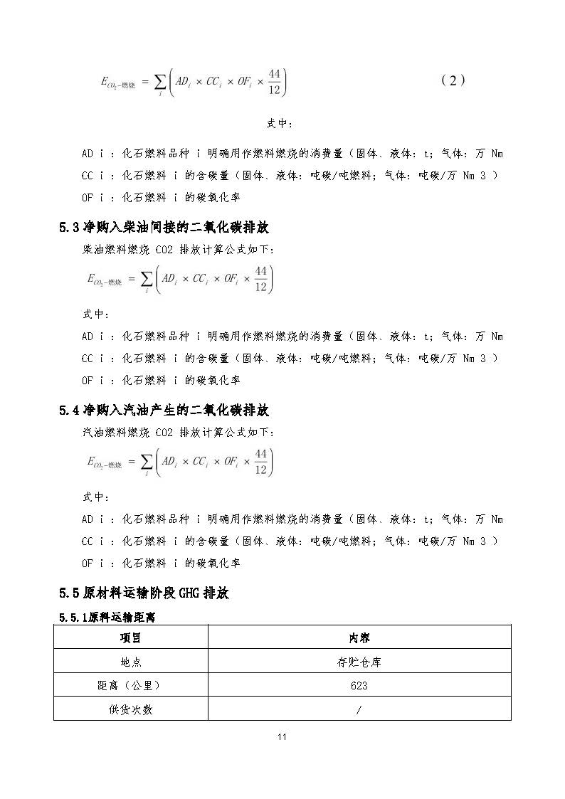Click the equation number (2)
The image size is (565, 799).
click(453, 80)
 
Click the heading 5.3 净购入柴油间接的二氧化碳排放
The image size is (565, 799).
click(164, 228)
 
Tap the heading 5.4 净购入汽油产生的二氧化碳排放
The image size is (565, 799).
click(164, 410)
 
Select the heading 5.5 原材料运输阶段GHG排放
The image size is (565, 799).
click(144, 593)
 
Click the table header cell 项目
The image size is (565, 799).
click(130, 637)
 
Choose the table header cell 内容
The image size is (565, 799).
click(359, 637)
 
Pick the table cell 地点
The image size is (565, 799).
click(130, 662)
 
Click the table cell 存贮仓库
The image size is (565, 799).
click(359, 662)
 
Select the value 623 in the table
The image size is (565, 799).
click(359, 686)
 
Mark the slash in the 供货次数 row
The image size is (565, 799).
click(359, 709)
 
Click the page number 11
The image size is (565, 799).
click(282, 736)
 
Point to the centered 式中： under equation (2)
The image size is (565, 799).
click(280, 123)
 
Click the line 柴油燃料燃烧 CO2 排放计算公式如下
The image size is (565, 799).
click(179, 250)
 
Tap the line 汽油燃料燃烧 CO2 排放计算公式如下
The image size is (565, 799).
click(179, 432)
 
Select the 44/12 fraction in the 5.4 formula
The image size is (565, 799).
click(261, 461)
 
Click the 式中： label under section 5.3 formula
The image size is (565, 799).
click(93, 314)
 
